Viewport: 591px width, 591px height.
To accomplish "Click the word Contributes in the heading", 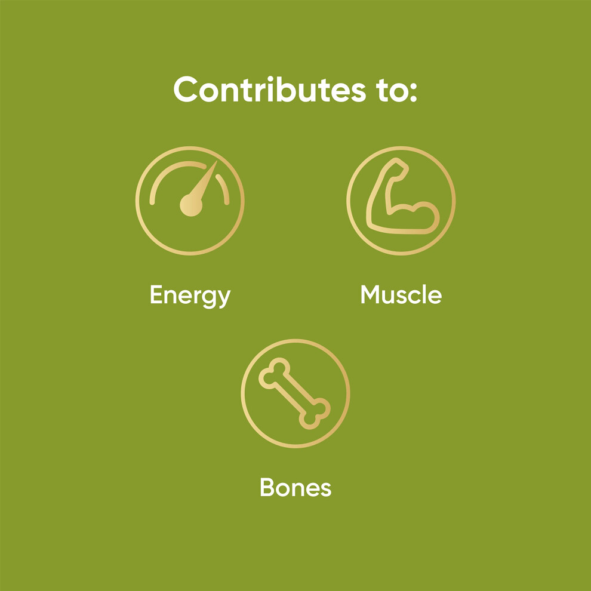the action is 269,90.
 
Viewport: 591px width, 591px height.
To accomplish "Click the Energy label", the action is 190,296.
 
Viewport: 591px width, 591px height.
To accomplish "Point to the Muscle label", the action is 401,294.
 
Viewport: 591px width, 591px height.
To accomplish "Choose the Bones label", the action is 295,487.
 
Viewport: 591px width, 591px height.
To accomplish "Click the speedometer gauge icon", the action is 190,201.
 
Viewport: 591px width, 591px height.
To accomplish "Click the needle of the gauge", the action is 204,180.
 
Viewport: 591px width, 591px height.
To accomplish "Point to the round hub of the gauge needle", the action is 191,205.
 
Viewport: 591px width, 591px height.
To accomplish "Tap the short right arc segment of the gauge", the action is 224,189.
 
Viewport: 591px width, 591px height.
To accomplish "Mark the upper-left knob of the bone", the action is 274,373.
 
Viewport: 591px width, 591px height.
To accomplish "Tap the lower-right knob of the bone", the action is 315,414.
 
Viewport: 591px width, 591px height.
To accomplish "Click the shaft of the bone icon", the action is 295,393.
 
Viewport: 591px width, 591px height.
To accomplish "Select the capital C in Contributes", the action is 186,90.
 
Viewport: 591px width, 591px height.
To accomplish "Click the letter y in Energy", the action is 224,299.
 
